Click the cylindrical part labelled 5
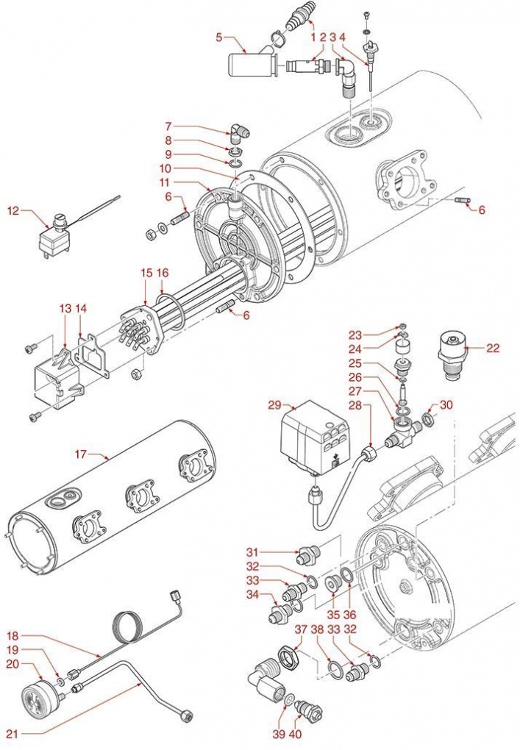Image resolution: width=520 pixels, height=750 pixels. [x=249, y=66]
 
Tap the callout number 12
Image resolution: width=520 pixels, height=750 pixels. [x=13, y=211]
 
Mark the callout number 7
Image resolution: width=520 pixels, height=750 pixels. [x=168, y=126]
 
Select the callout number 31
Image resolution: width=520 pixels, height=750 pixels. [x=252, y=553]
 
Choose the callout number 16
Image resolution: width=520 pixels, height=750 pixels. [x=163, y=272]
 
